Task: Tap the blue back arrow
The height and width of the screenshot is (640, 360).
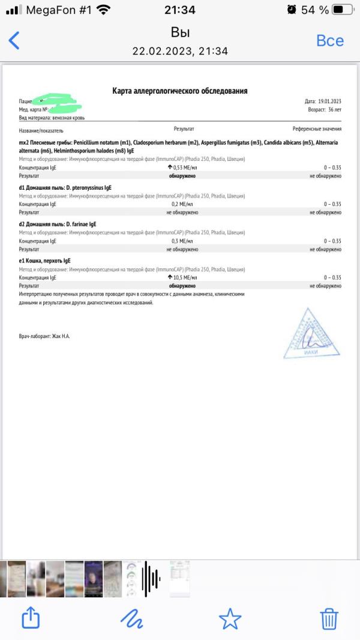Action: click(x=14, y=40)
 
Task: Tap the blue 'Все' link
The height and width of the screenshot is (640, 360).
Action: click(x=329, y=40)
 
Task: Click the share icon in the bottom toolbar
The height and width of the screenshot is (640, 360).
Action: click(x=31, y=618)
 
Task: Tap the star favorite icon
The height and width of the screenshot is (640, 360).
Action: click(x=230, y=618)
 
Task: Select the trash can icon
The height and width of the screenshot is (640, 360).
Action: click(x=329, y=618)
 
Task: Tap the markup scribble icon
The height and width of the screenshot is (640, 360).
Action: click(x=131, y=618)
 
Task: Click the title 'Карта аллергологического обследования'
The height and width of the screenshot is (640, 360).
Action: click(x=180, y=91)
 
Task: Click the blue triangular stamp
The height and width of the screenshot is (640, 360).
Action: click(x=311, y=334)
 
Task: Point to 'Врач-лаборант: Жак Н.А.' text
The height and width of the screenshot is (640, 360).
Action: click(x=44, y=336)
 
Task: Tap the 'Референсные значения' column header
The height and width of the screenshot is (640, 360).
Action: click(x=317, y=129)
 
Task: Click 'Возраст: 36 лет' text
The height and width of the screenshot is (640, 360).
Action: click(x=325, y=110)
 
